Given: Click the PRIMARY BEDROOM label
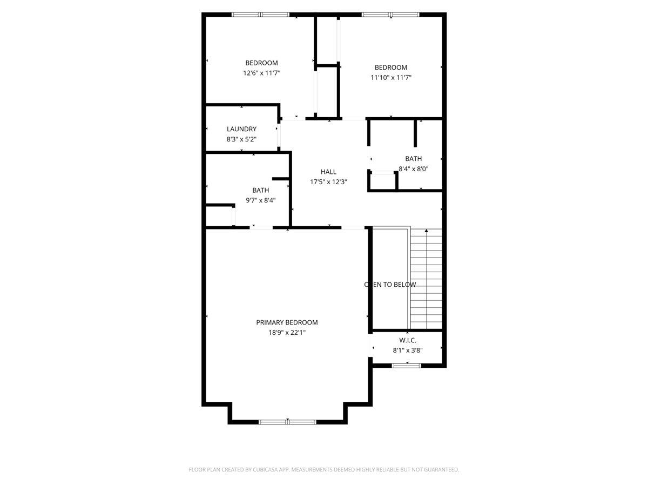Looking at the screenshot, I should tap(287, 322).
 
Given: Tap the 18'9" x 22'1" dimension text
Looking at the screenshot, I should tap(287, 333).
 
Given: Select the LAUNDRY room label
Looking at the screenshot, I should tap(241, 129).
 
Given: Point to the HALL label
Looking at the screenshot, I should tap(328, 172).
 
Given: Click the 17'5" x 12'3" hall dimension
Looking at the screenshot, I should tap(328, 182).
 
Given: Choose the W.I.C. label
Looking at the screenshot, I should tap(408, 340).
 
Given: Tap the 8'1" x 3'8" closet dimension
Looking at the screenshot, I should tap(408, 350).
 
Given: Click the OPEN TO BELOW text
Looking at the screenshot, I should tap(390, 285).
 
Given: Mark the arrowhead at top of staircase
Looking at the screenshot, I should tap(427, 231).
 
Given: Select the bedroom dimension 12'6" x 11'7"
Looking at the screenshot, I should tap(262, 73).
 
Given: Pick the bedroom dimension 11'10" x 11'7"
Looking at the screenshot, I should tap(391, 78).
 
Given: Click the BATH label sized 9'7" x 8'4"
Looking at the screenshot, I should tap(261, 190).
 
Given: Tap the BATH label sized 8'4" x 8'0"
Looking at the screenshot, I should tap(414, 159).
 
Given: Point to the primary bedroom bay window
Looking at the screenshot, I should tap(287, 421).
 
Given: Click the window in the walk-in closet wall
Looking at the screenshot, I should tap(406, 366).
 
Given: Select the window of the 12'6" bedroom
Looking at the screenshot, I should tap(260, 15).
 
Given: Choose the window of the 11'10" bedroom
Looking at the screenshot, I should tap(390, 15).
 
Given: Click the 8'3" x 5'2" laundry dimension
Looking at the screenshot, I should tap(241, 139).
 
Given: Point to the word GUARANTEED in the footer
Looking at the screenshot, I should tap(439, 470).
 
